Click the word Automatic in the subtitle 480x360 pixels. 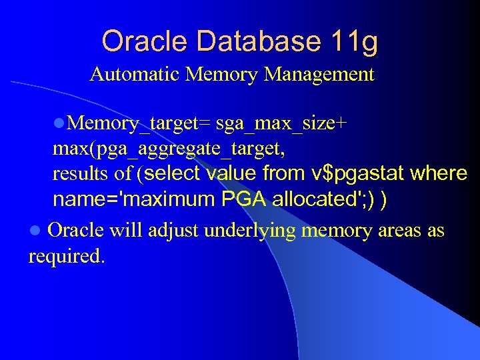(x=135, y=74)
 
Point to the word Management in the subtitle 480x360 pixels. (x=319, y=74)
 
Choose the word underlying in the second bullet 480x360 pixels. (x=250, y=231)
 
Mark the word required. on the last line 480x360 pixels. (x=66, y=256)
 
